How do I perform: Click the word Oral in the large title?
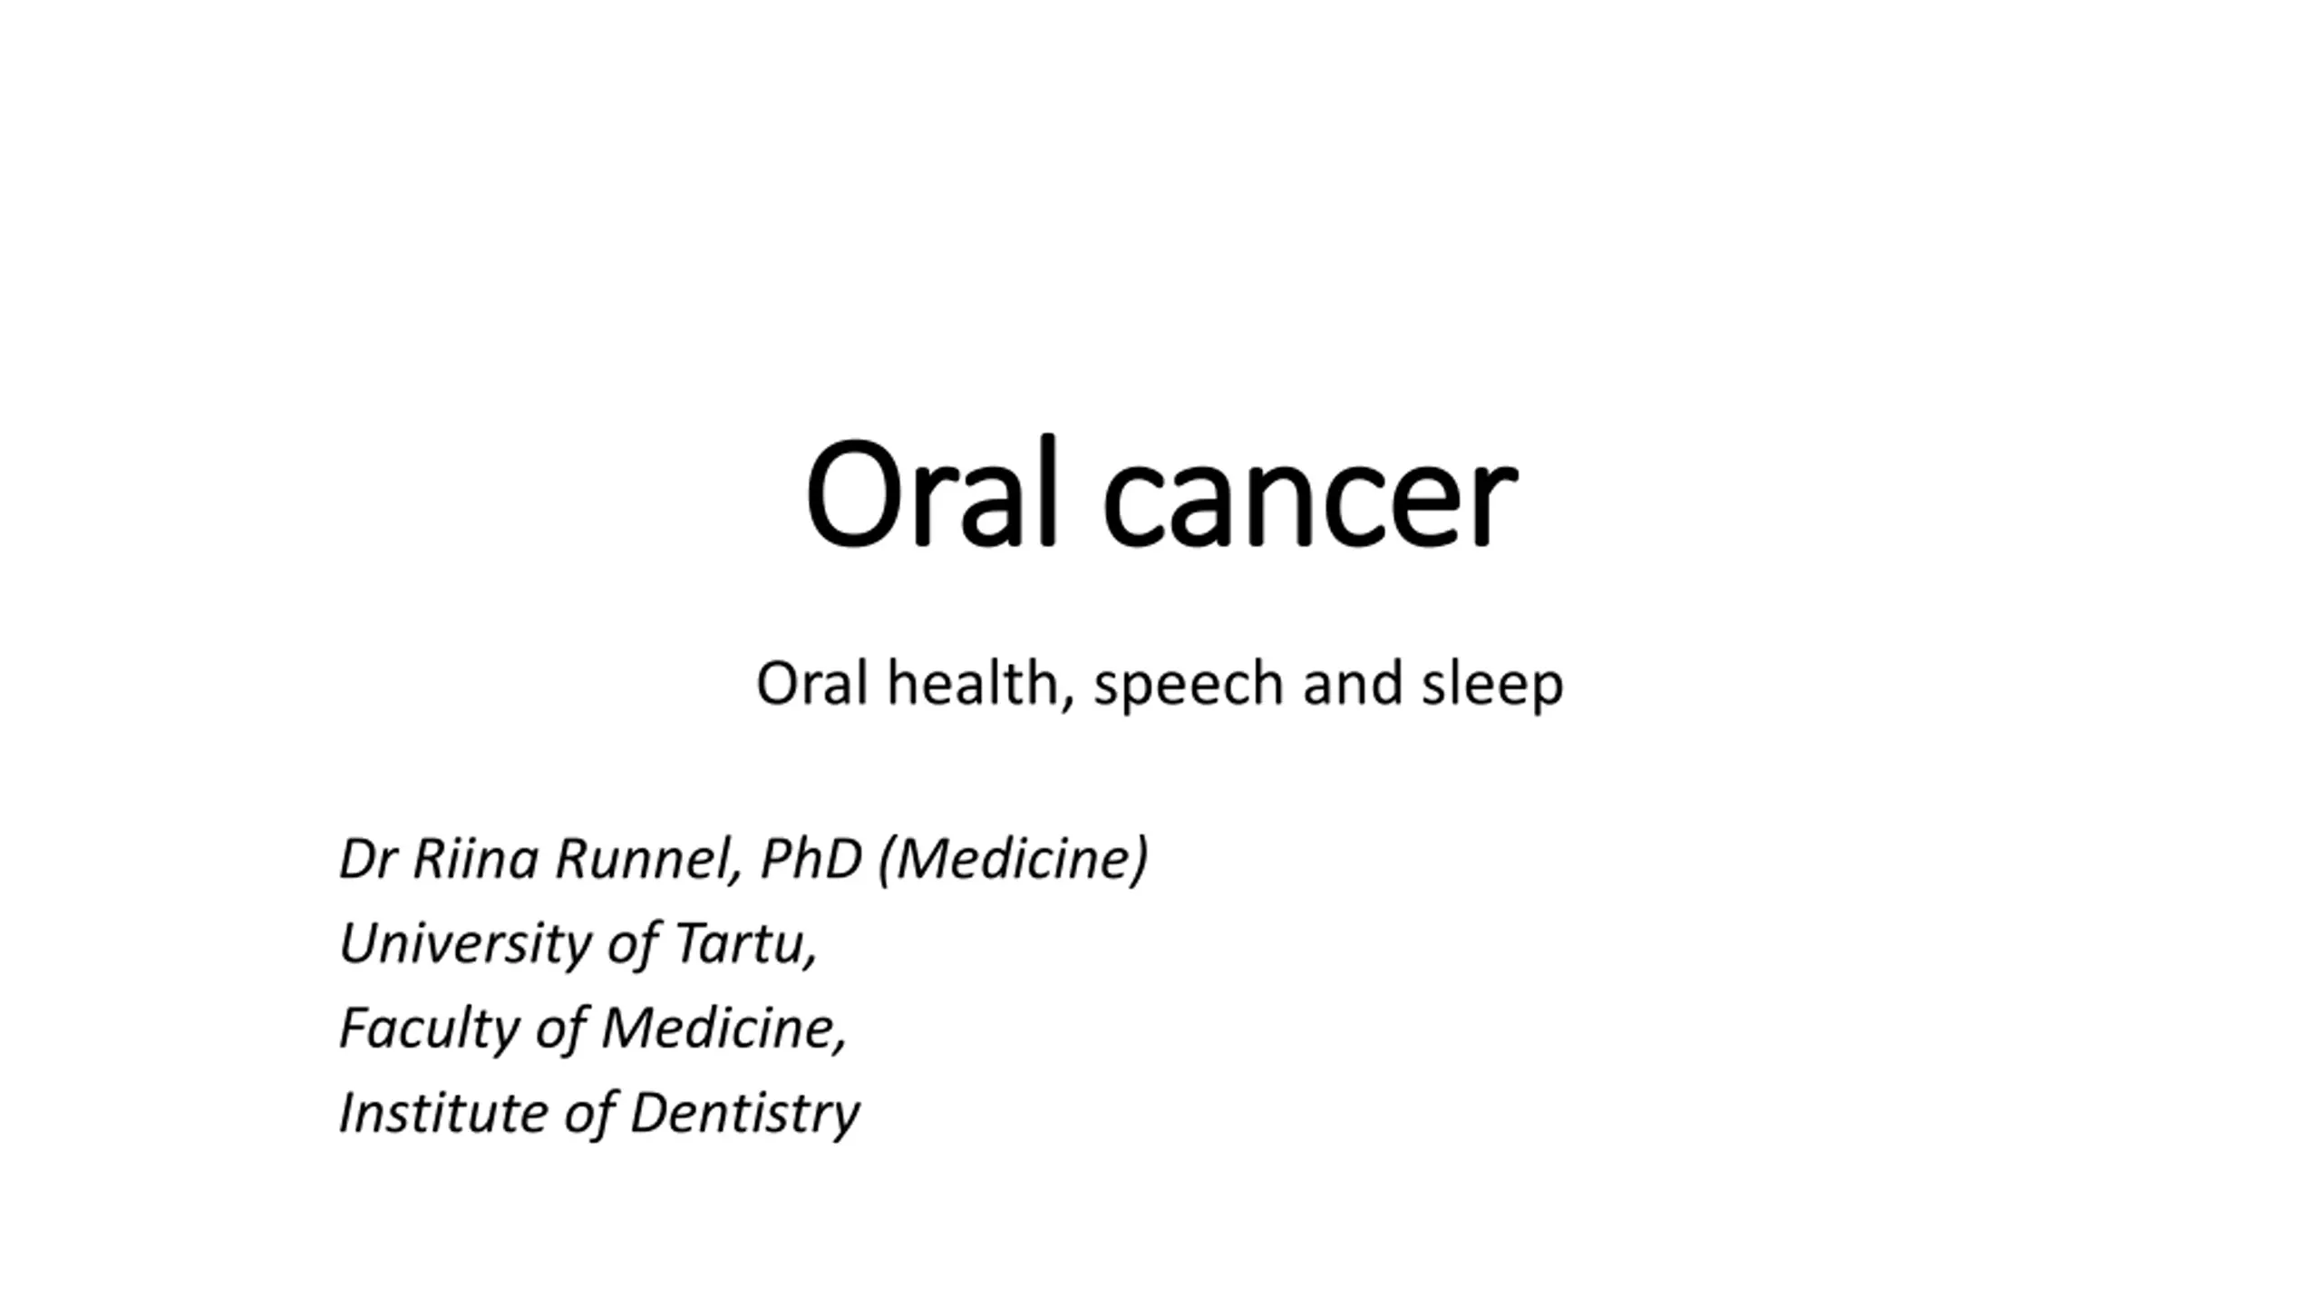(931, 492)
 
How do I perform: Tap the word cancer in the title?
(1309, 503)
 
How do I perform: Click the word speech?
(1189, 686)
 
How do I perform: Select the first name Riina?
(475, 858)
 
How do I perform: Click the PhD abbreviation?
(811, 858)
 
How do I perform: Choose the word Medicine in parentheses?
(1014, 858)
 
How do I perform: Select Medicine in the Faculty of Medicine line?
(723, 1028)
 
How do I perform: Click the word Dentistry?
(744, 1114)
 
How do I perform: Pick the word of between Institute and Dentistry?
(588, 1114)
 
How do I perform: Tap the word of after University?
(632, 944)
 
